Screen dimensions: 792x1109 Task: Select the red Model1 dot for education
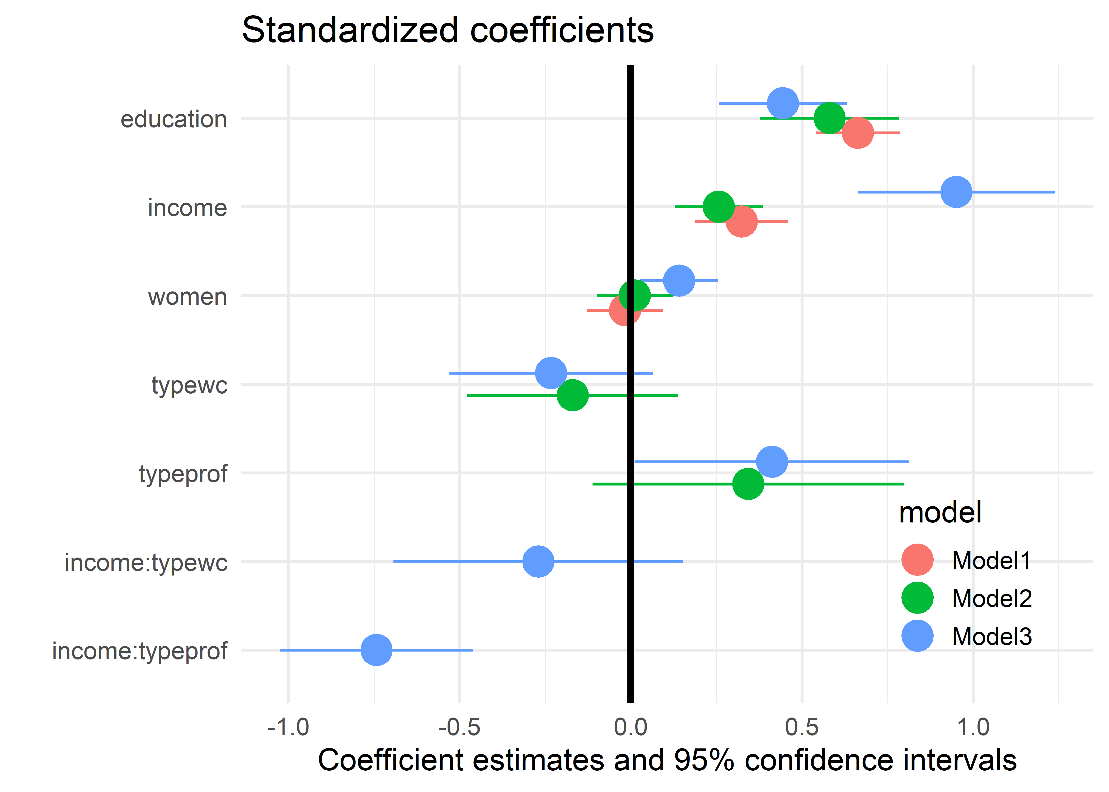[x=857, y=133]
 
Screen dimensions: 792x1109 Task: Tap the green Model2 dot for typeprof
[x=748, y=484]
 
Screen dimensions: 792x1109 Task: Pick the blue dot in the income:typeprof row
[x=376, y=650]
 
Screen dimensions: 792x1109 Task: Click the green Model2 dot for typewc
[x=572, y=395]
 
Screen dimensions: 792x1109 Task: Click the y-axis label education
[x=174, y=120]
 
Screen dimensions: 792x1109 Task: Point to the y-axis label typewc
[x=189, y=385]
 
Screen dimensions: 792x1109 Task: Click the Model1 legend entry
[x=991, y=560]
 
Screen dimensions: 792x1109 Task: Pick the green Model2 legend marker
[x=917, y=598]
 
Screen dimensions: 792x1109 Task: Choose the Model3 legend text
[x=992, y=637]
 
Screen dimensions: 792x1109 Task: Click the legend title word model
[x=940, y=513]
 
